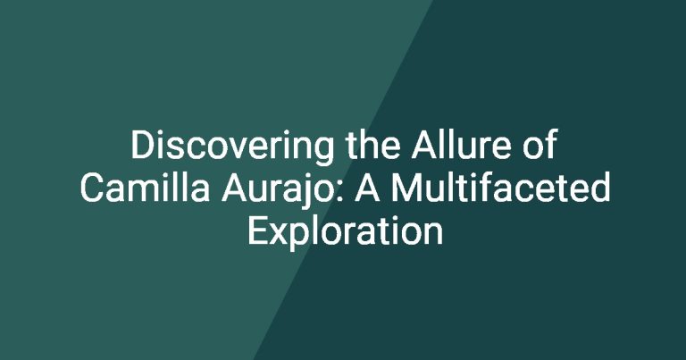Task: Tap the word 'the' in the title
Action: click(372, 145)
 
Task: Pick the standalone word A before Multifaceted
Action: click(367, 188)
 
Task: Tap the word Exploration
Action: click(346, 233)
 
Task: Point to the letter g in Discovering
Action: click(323, 152)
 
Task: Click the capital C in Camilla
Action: click(92, 188)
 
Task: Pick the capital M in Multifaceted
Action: click(406, 188)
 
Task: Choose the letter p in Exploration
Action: click(301, 238)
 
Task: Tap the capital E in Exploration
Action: click(257, 230)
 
